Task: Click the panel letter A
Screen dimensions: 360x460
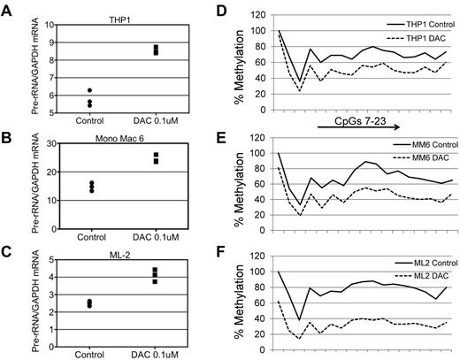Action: pos(7,9)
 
